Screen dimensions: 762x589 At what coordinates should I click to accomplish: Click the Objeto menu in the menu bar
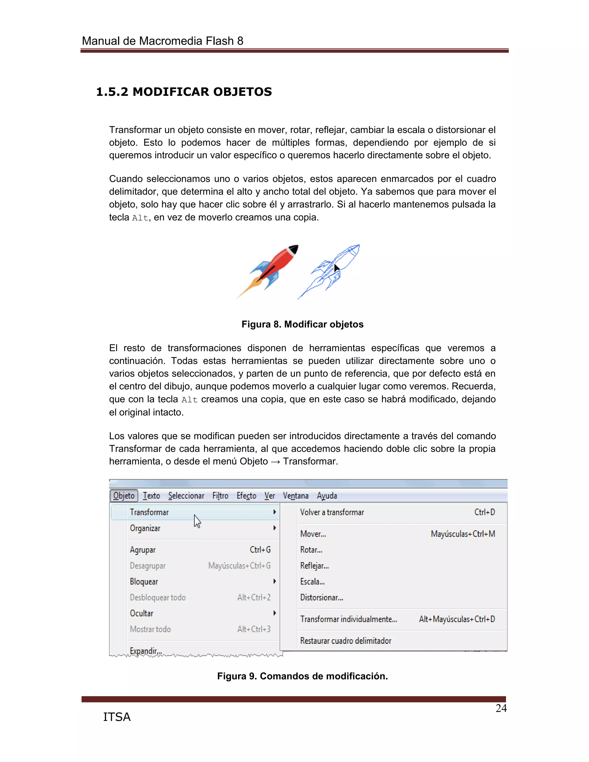(124, 496)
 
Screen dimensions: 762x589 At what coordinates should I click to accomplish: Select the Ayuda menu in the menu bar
(327, 496)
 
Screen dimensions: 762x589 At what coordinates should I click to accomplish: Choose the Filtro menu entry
(220, 496)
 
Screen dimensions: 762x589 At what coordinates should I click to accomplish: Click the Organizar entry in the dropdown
(145, 528)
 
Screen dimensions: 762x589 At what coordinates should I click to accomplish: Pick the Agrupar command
(143, 550)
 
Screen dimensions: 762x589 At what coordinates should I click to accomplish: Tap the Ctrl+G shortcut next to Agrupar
(260, 550)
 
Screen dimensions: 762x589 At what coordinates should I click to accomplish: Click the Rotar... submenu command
(311, 550)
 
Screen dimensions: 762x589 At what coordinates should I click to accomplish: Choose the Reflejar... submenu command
(314, 566)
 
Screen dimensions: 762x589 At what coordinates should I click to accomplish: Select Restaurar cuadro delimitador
(345, 641)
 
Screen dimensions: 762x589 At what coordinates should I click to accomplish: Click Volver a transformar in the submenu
(332, 512)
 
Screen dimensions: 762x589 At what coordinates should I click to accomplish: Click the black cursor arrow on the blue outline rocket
(336, 268)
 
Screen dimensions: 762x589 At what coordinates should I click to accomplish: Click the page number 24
(501, 708)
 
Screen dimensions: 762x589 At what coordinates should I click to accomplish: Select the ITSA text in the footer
(116, 717)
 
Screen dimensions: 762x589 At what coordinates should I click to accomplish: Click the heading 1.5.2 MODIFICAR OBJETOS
(184, 92)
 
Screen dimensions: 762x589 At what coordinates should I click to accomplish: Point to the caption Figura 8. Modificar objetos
(302, 324)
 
